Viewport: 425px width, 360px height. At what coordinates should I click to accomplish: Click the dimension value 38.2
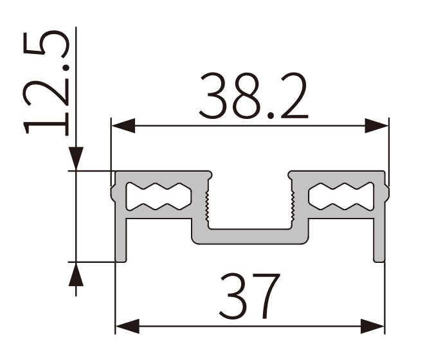click(x=253, y=98)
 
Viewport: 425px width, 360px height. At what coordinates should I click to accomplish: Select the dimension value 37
click(x=250, y=296)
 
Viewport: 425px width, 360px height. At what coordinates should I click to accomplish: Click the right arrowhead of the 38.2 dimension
click(x=378, y=126)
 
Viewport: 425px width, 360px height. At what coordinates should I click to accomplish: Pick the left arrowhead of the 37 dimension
click(x=127, y=326)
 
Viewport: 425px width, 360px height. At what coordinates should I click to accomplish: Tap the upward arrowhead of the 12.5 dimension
click(x=76, y=274)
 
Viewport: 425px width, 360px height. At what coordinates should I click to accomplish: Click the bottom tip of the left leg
click(x=121, y=260)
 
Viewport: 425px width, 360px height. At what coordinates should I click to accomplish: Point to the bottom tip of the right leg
click(x=379, y=260)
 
